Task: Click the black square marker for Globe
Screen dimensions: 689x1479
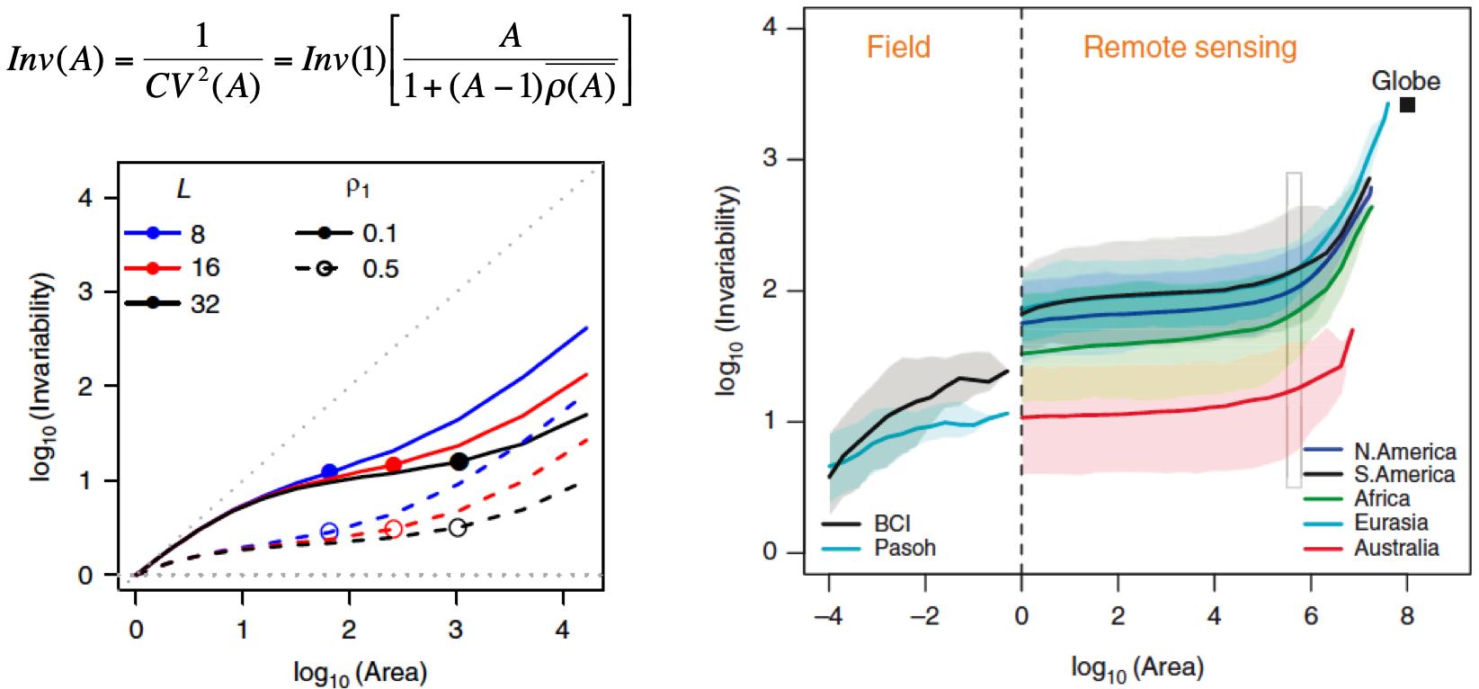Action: pyautogui.click(x=1408, y=105)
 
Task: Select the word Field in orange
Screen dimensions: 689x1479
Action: pyautogui.click(x=898, y=47)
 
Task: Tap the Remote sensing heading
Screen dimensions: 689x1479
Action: pyautogui.click(x=1189, y=47)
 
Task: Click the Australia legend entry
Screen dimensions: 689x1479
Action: pyautogui.click(x=1395, y=548)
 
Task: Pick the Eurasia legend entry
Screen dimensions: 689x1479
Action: pyautogui.click(x=1391, y=523)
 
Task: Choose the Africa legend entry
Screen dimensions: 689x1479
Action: pyautogui.click(x=1382, y=498)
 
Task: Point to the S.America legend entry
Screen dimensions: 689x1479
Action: pyautogui.click(x=1403, y=474)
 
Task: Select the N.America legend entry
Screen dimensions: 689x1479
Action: pyautogui.click(x=1404, y=451)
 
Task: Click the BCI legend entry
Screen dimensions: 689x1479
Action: pyautogui.click(x=891, y=523)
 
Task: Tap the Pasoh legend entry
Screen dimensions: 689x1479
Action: pyautogui.click(x=904, y=548)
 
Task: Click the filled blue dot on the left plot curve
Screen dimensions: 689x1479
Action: pyautogui.click(x=329, y=471)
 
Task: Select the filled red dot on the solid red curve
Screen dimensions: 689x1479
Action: pyautogui.click(x=393, y=464)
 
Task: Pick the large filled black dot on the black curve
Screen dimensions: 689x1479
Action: pyautogui.click(x=459, y=461)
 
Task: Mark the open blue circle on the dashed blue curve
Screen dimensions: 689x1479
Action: pyautogui.click(x=329, y=532)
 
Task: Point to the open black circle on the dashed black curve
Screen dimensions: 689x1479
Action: pyautogui.click(x=458, y=527)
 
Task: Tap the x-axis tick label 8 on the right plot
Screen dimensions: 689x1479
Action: pyautogui.click(x=1407, y=616)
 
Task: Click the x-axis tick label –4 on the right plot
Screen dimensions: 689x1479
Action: pyautogui.click(x=828, y=616)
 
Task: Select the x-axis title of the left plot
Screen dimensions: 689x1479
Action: pyautogui.click(x=360, y=672)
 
